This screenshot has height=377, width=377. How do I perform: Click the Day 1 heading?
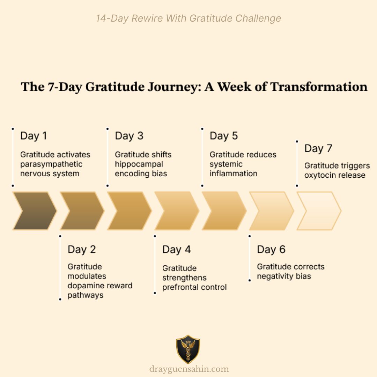pyautogui.click(x=34, y=136)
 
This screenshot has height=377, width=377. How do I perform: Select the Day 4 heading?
pyautogui.click(x=177, y=250)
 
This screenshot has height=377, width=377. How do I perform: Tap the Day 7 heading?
pyautogui.click(x=318, y=148)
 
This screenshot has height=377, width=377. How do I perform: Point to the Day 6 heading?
pyautogui.click(x=271, y=250)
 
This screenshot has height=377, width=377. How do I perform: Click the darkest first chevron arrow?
pyautogui.click(x=34, y=211)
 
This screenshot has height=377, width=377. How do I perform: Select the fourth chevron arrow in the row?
pyautogui.click(x=177, y=211)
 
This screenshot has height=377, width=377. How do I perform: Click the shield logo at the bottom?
pyautogui.click(x=188, y=349)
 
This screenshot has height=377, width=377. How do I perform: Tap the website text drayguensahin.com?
pyautogui.click(x=189, y=369)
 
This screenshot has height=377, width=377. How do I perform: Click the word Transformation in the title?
pyautogui.click(x=319, y=87)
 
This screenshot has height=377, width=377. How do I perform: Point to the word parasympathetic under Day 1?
pyautogui.click(x=51, y=164)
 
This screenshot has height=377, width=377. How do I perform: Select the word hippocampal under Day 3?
pyautogui.click(x=139, y=164)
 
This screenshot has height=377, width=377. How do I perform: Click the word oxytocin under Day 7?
pyautogui.click(x=318, y=175)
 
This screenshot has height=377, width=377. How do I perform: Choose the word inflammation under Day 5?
pyautogui.click(x=233, y=173)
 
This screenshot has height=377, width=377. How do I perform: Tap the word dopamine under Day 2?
pyautogui.click(x=84, y=286)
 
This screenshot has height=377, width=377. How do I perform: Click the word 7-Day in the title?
pyautogui.click(x=66, y=87)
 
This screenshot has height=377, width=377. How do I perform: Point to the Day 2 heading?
pyautogui.click(x=82, y=250)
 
